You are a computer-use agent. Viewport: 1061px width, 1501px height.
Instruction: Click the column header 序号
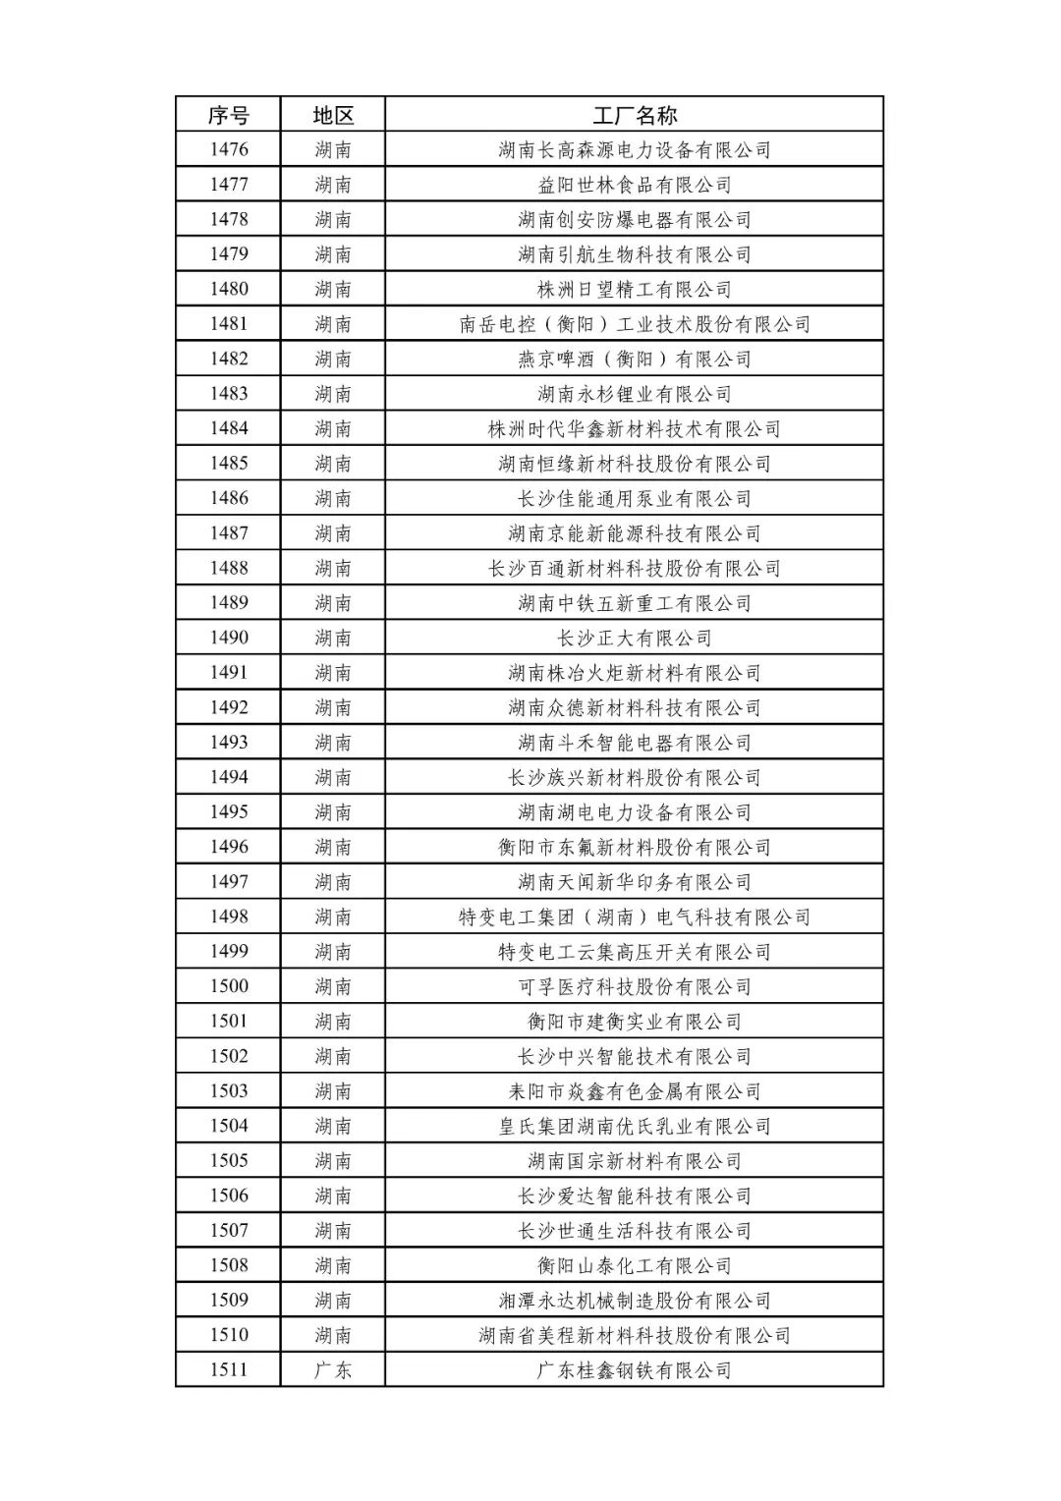[x=228, y=115]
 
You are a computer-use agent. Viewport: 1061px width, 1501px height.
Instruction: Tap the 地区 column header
[x=333, y=115]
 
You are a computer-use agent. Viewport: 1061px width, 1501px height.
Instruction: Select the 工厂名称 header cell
[x=635, y=115]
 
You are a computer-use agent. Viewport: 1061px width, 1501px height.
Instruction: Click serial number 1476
[x=229, y=150]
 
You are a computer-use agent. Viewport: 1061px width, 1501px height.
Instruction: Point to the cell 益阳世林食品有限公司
[x=635, y=185]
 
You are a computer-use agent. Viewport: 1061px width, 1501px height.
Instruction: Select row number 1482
[x=229, y=360]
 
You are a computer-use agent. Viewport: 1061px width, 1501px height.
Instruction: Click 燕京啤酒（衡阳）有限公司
[x=635, y=360]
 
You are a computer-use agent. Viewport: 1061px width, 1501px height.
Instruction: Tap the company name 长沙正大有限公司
[x=635, y=639]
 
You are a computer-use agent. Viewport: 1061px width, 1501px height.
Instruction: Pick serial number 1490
[x=229, y=639]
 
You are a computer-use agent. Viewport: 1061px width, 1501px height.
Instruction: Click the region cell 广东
[x=333, y=1370]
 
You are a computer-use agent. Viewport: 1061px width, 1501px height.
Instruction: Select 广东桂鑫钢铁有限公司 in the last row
[x=635, y=1370]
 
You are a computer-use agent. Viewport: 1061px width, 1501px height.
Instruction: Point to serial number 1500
[x=229, y=987]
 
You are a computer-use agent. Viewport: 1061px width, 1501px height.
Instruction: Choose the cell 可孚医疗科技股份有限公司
[x=635, y=987]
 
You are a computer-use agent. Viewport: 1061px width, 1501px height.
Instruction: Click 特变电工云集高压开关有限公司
[x=635, y=952]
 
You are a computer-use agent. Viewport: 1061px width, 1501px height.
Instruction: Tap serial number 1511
[x=229, y=1370]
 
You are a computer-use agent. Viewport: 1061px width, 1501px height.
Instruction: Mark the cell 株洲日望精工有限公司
[x=635, y=290]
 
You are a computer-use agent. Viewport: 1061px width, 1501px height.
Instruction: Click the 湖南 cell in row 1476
[x=333, y=150]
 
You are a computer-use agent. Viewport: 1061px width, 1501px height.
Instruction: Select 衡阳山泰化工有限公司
[x=635, y=1266]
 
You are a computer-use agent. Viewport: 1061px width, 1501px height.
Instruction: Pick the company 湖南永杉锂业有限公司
[x=635, y=394]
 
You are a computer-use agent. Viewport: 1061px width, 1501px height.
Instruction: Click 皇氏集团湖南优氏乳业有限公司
[x=635, y=1127]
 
